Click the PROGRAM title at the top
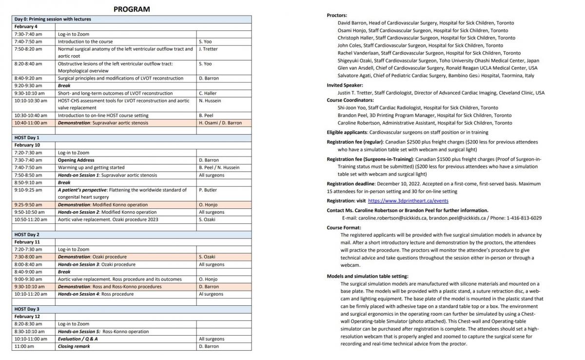pyautogui.click(x=132, y=9)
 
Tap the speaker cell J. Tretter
pyautogui.click(x=208, y=49)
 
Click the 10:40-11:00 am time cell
pyautogui.click(x=31, y=123)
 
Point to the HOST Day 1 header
pyautogui.click(x=27, y=138)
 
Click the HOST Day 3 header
pyautogui.click(x=27, y=309)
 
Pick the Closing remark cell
pyautogui.click(x=74, y=346)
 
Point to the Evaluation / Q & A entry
pyautogui.click(x=78, y=339)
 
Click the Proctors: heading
pyautogui.click(x=337, y=16)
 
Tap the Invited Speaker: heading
pyautogui.click(x=345, y=85)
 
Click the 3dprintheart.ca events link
pyautogui.click(x=408, y=200)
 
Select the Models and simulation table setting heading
pyautogui.click(x=368, y=276)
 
